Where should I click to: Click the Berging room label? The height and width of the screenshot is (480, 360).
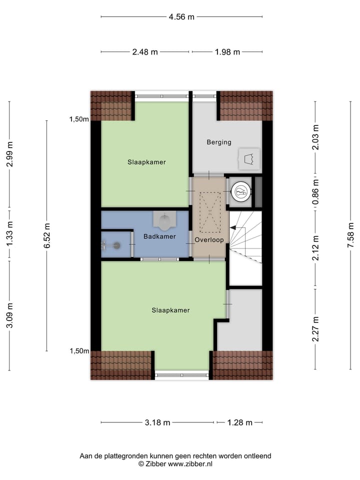[219, 142]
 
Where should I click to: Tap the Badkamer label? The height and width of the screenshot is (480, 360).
[159, 236]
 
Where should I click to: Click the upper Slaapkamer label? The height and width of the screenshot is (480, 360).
[146, 162]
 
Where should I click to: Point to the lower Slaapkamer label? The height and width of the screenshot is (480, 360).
[171, 310]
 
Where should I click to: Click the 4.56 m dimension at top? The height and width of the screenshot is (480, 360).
[181, 16]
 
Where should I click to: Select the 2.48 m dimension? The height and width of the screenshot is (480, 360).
[145, 51]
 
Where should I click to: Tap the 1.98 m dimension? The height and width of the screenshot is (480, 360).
[227, 51]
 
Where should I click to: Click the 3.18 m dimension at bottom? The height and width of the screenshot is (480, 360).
[157, 422]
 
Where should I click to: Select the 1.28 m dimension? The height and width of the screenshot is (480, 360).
[239, 422]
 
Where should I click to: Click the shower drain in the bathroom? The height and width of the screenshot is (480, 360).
[116, 245]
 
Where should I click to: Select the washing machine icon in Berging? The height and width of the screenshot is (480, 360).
[248, 159]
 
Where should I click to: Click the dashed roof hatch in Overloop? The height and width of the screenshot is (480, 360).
[209, 213]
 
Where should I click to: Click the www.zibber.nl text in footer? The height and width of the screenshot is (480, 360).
[189, 464]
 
